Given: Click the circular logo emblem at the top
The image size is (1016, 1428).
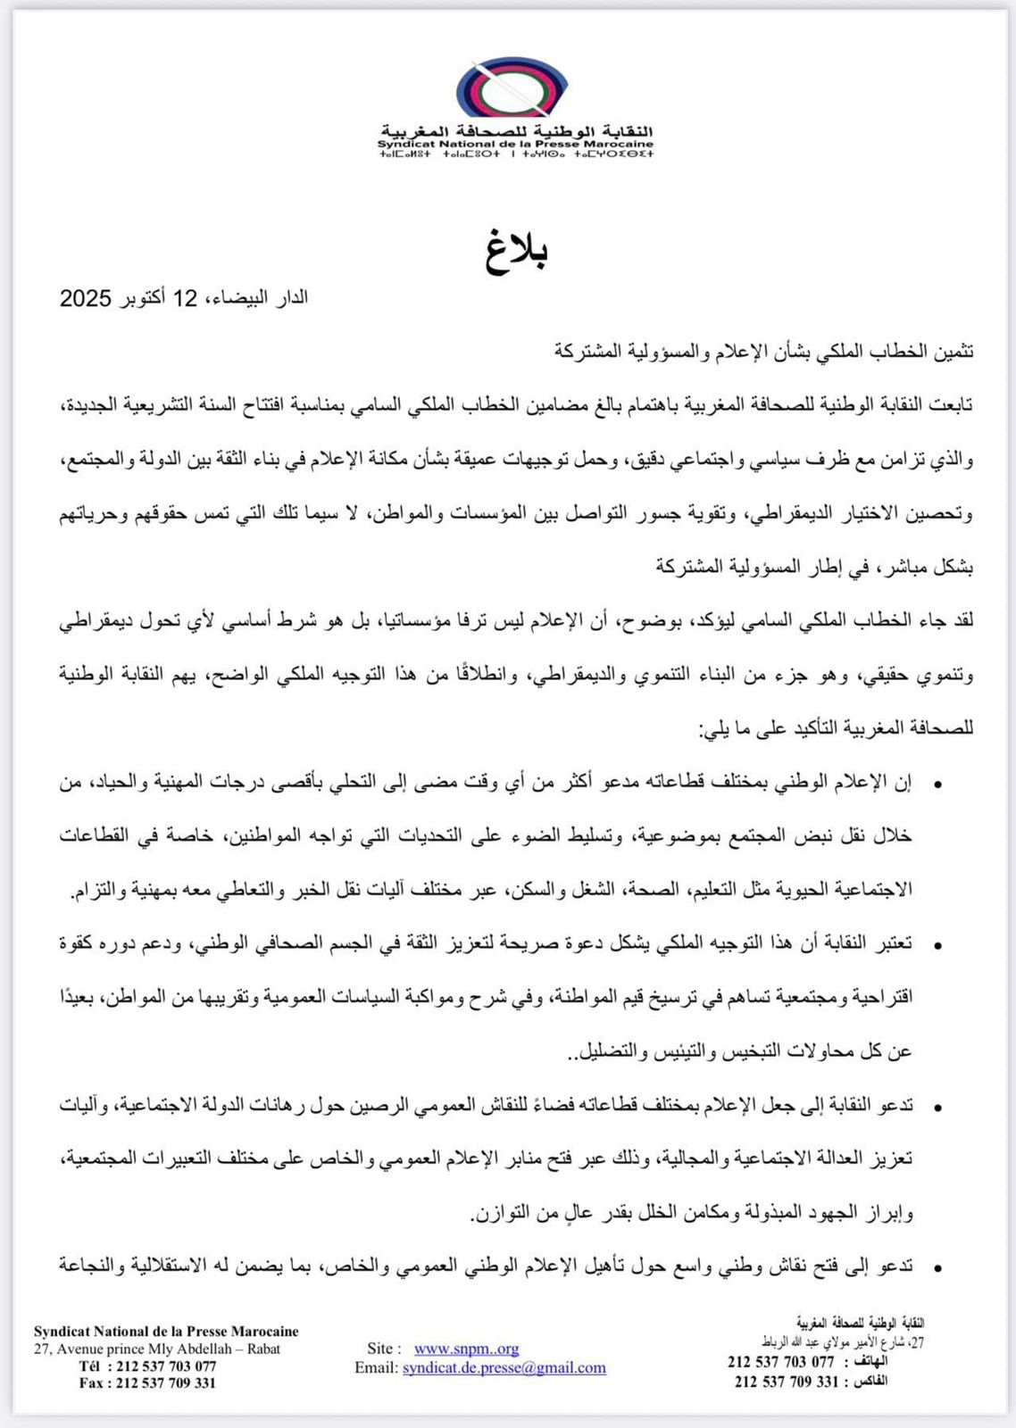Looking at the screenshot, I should (512, 89).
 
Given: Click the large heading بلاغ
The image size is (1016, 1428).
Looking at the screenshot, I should (517, 251).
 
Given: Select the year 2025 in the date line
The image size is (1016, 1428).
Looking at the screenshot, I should (85, 298).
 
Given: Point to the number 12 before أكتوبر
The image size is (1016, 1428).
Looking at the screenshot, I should (185, 298).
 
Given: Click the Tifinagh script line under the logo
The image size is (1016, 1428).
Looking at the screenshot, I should (516, 154).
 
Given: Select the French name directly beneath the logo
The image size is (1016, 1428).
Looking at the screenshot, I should (516, 144).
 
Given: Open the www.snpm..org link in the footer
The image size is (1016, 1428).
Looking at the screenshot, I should (466, 1349).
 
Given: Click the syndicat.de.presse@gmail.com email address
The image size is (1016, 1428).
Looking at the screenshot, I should (504, 1367).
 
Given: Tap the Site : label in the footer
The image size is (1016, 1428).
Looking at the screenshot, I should (384, 1349).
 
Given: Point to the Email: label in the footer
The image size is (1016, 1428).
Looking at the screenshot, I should (376, 1367).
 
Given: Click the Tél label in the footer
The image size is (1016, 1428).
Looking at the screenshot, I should (90, 1366).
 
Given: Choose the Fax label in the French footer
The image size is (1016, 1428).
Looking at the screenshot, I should (92, 1383).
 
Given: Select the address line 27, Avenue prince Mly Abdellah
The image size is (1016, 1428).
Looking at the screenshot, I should (157, 1349).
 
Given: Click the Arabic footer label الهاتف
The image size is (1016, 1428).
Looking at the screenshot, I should (870, 1362).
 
